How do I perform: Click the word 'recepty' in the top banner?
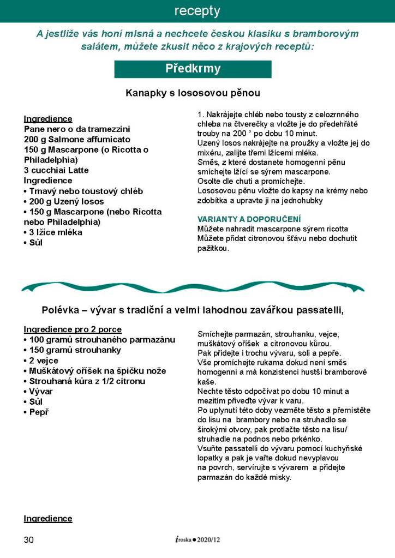tap(197, 11)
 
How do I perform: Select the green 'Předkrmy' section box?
tap(193, 69)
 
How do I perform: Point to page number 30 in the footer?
tap(29, 539)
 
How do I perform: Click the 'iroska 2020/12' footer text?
tap(197, 539)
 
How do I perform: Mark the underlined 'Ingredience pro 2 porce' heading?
tap(72, 329)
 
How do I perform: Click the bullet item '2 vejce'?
tap(43, 361)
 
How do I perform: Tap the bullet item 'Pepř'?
tap(39, 412)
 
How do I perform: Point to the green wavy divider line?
tap(193, 286)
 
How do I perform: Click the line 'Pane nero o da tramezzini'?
tap(77, 129)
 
